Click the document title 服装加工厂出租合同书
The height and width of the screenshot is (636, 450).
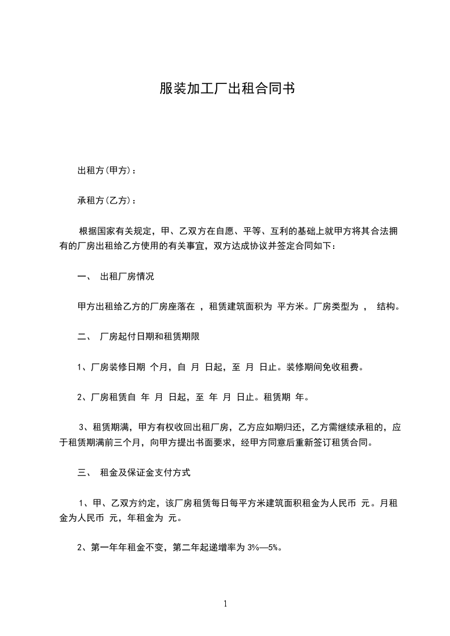tap(225, 89)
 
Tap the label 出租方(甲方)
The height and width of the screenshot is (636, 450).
tap(104, 170)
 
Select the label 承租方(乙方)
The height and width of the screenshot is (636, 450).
tap(104, 200)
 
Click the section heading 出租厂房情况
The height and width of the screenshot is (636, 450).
tap(127, 277)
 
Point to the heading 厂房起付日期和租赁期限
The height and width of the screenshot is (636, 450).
tap(149, 337)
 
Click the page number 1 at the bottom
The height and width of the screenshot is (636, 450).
tap(225, 604)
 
